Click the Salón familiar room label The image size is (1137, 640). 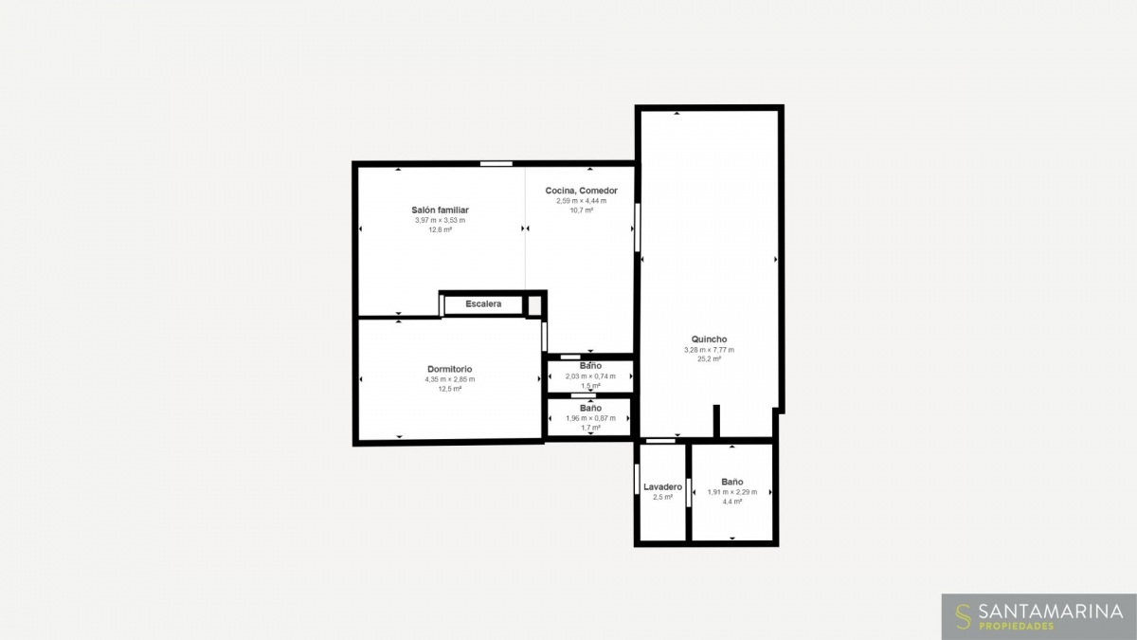tap(440, 210)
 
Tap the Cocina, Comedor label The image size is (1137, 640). tap(581, 191)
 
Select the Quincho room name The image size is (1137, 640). tap(709, 338)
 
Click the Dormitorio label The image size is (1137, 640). tap(449, 369)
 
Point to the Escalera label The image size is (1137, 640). tap(483, 303)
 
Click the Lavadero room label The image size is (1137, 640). tap(662, 486)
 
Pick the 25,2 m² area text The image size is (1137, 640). tap(709, 358)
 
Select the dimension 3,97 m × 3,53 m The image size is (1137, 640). tap(440, 220)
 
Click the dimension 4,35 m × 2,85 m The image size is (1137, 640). tap(450, 379)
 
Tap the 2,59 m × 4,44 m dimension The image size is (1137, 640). tap(581, 201)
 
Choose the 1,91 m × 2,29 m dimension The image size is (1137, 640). tap(731, 492)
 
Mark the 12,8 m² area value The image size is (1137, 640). tap(440, 229)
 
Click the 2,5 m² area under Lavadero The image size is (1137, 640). tap(662, 497)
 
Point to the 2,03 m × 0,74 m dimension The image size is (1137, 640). tap(590, 376)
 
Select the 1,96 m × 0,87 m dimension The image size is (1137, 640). tap(590, 418)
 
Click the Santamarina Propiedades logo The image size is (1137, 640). tap(1038, 616)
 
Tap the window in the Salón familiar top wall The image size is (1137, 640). tap(496, 163)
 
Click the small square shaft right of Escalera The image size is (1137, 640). tap(534, 305)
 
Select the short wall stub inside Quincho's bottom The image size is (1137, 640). tap(716, 421)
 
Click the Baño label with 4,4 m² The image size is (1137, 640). tap(731, 482)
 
